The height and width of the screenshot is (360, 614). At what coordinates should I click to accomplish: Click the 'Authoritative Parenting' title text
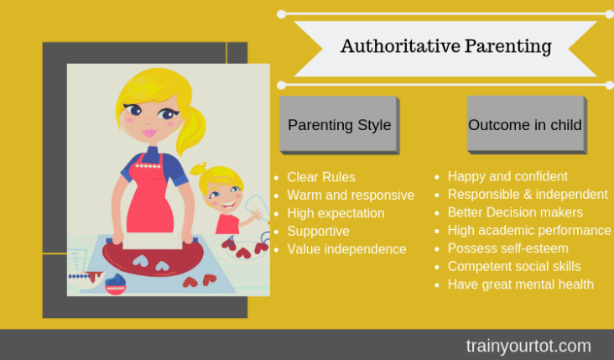446,46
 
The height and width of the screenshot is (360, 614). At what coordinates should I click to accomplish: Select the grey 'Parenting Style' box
339,124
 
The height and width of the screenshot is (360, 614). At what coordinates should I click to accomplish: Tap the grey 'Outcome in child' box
527,124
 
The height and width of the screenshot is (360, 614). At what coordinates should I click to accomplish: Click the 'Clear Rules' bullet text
321,177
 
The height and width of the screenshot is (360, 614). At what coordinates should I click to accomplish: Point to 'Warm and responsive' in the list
351,195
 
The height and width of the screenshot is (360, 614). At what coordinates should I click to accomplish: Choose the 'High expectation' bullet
336,213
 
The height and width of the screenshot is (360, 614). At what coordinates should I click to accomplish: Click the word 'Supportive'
318,231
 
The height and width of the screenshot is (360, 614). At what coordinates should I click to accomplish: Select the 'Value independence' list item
346,249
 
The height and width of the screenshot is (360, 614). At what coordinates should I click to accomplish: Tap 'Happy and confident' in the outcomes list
507,176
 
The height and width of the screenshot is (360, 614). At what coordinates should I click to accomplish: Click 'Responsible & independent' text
528,195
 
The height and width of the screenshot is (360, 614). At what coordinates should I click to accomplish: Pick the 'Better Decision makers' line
515,212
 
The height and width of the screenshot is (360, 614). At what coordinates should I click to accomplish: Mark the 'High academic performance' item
529,230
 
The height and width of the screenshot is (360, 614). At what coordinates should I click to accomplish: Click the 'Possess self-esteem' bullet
507,248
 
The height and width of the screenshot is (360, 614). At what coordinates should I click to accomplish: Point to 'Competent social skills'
514,266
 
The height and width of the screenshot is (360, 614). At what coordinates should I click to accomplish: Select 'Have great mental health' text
520,284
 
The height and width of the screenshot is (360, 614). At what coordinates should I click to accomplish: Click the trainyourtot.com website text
528,346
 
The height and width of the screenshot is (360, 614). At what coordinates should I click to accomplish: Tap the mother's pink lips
149,133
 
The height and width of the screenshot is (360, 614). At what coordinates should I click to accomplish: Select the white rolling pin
153,241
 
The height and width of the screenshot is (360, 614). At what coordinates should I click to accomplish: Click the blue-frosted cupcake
116,284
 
